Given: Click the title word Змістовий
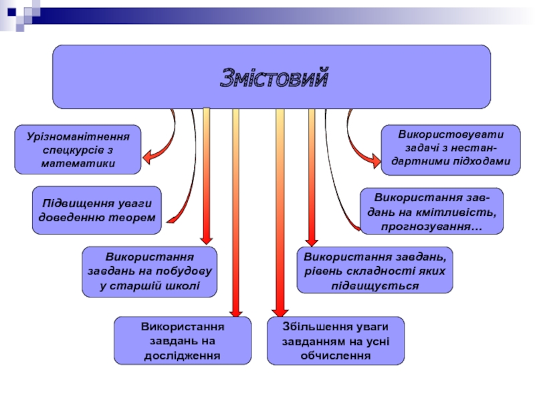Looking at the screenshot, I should click(x=275, y=79).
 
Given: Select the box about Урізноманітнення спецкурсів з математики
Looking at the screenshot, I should click(x=78, y=149).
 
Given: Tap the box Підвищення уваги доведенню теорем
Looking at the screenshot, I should click(x=97, y=210).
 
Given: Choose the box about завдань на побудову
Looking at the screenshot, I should click(x=150, y=271).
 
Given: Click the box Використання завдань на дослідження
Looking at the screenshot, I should click(x=182, y=340).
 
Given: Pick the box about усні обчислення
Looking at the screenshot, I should click(x=336, y=340).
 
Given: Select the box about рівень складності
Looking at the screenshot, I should click(x=374, y=271).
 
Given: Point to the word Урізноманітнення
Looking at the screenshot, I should click(x=78, y=136).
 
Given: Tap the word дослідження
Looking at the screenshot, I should click(x=182, y=354).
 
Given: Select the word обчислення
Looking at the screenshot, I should click(x=336, y=354).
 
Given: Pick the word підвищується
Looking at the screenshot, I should click(x=374, y=285).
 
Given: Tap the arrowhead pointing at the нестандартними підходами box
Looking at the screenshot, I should click(x=372, y=158).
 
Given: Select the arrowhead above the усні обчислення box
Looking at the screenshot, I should click(x=281, y=310).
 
